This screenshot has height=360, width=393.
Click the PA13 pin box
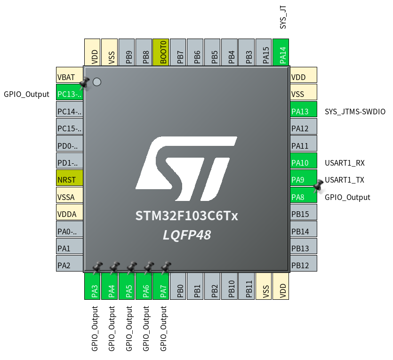[x=304, y=112]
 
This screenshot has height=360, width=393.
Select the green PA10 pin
[x=304, y=163]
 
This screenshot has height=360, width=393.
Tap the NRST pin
[x=69, y=180]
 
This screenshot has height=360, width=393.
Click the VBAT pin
[x=69, y=77]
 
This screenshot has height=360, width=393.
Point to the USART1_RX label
[x=345, y=163]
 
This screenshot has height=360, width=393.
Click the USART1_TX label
[x=345, y=180]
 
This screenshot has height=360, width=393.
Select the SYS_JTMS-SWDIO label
[x=355, y=112]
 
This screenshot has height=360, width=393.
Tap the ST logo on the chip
[x=186, y=168]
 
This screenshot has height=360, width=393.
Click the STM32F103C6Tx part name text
[x=187, y=216]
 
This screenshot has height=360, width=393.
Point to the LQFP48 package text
[x=187, y=235]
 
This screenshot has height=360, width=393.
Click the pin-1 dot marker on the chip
[x=97, y=82]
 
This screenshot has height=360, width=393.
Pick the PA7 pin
[x=163, y=286]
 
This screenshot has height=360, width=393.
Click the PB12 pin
[x=304, y=265]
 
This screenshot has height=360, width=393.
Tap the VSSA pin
[x=69, y=197]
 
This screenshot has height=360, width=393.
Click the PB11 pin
[x=249, y=286]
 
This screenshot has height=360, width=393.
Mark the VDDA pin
[x=69, y=214]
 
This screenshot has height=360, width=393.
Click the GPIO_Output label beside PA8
[x=347, y=197]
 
